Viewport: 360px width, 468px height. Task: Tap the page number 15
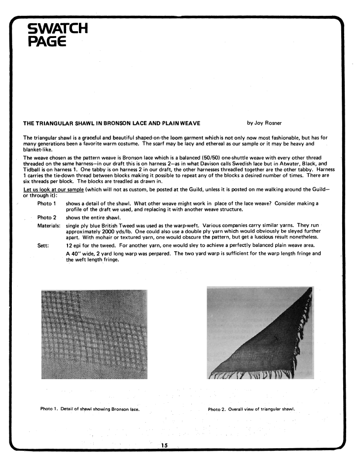coord(164,445)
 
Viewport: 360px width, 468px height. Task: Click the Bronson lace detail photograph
coord(94,334)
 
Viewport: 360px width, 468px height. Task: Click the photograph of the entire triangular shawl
coord(260,333)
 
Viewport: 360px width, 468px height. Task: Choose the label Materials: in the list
coord(50,225)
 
